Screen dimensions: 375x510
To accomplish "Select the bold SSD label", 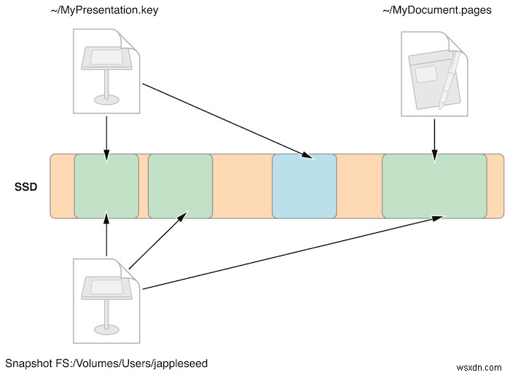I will tap(26, 186).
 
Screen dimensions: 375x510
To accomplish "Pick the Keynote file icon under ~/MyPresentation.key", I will tap(106, 71).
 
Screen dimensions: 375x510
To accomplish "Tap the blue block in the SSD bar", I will tap(304, 186).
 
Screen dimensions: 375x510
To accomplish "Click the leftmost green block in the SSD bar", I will tap(106, 186).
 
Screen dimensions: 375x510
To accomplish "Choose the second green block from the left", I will tap(180, 186).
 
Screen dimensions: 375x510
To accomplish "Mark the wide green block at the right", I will tap(434, 186).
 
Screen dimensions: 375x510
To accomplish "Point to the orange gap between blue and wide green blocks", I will tap(359, 186).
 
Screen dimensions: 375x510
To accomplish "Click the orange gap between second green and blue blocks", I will tap(242, 186).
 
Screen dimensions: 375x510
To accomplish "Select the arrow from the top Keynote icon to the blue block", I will tap(226, 120).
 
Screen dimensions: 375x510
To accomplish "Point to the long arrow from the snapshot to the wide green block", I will tap(291, 253).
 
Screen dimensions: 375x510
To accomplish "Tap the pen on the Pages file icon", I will tap(451, 76).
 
